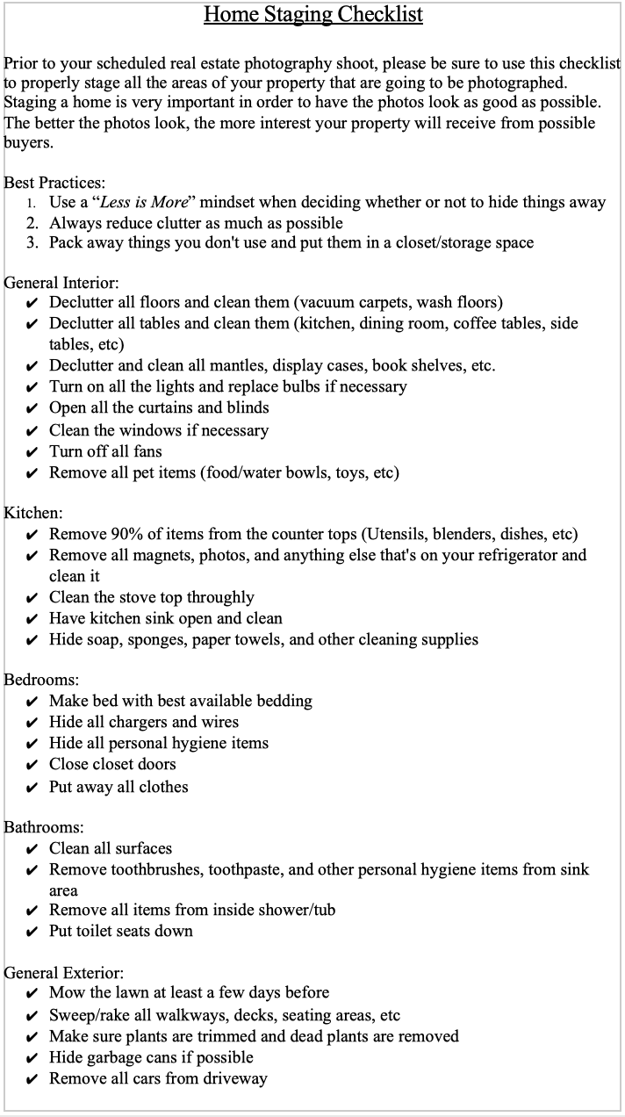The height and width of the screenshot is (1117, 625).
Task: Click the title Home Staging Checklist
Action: click(312, 15)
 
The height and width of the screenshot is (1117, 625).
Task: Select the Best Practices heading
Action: click(54, 183)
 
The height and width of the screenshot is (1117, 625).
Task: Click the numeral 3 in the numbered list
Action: click(32, 242)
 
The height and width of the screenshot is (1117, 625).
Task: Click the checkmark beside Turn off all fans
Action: click(32, 452)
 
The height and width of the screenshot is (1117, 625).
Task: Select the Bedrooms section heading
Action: click(42, 680)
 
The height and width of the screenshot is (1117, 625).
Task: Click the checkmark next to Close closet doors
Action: click(32, 765)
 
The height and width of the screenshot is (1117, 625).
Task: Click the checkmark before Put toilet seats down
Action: click(32, 932)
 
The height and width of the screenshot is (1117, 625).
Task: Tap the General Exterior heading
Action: click(63, 973)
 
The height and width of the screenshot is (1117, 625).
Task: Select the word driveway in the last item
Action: click(236, 1078)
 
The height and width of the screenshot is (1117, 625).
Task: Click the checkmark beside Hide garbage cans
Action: click(32, 1058)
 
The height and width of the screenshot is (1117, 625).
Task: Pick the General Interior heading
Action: click(61, 283)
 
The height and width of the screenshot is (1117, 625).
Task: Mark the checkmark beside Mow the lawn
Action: click(32, 994)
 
